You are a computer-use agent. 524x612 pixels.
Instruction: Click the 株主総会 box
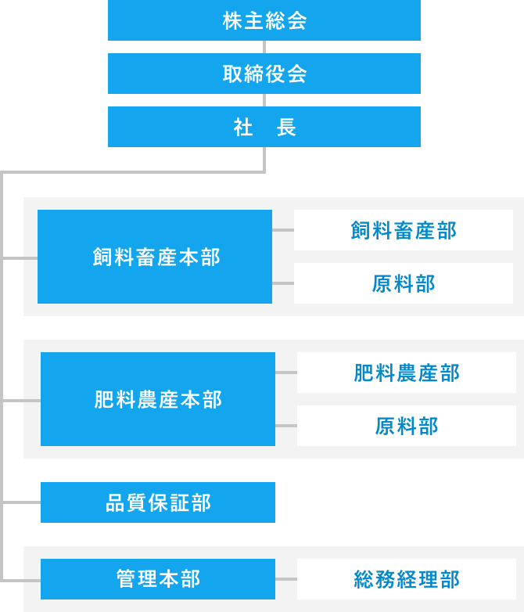264,20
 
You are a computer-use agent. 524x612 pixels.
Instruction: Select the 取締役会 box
264,74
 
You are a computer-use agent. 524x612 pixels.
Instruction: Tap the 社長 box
264,127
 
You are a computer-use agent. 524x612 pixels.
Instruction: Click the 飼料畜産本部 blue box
155,257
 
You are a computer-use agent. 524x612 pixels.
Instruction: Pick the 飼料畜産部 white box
404,230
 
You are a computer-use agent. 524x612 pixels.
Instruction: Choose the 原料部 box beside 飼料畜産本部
404,283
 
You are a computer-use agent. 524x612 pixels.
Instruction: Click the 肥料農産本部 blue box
158,399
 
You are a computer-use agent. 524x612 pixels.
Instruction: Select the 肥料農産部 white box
407,373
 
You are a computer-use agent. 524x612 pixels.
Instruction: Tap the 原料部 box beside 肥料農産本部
407,426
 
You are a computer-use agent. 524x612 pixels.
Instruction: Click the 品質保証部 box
158,502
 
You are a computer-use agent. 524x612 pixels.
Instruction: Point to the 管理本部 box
158,579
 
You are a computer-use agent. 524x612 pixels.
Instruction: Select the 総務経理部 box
407,579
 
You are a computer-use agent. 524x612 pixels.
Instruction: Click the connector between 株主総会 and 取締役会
264,47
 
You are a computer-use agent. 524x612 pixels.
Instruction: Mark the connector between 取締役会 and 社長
264,100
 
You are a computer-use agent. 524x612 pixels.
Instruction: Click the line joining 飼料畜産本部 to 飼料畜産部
283,230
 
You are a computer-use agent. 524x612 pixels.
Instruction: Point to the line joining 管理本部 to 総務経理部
286,579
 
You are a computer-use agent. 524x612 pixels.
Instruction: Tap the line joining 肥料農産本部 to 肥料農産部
286,373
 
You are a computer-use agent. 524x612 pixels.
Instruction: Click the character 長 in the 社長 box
286,128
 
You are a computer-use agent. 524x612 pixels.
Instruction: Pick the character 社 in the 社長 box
242,128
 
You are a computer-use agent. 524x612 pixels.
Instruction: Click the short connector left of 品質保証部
22,502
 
